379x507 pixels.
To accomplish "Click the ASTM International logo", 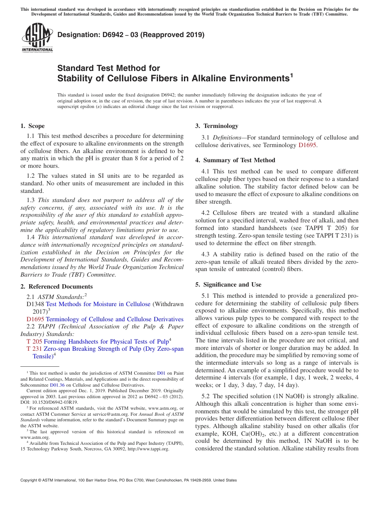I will click(37, 38).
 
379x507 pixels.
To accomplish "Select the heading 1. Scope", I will click(32, 126).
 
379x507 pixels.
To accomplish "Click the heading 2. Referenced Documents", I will click(56, 287).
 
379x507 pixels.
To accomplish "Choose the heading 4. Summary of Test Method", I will click(235, 160).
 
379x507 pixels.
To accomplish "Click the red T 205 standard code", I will click(34, 342).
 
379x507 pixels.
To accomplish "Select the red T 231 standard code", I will click(34, 349).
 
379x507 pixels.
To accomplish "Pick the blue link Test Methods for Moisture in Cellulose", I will click(98, 304).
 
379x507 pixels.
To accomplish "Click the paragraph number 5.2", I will click(207, 396).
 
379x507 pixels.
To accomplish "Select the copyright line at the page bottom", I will click(128, 480).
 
